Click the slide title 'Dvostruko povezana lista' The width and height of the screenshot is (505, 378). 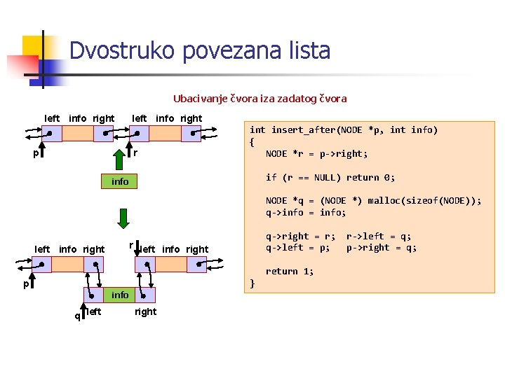tap(200, 51)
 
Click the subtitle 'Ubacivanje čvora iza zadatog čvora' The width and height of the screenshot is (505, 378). tap(260, 99)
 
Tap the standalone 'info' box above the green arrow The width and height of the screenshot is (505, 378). tap(120, 182)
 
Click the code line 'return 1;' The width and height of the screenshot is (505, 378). tap(290, 272)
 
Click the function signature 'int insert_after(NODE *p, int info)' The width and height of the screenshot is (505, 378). tap(344, 129)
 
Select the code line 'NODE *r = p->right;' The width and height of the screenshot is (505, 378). tap(316, 153)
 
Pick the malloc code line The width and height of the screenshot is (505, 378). tap(373, 200)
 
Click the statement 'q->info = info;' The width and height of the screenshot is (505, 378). tap(306, 212)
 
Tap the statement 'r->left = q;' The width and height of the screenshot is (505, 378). tap(379, 236)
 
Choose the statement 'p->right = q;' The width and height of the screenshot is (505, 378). tap(382, 247)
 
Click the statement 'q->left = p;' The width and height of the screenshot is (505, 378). tap(297, 247)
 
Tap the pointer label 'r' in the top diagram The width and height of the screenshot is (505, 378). tap(136, 153)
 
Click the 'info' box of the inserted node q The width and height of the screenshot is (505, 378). tap(120, 295)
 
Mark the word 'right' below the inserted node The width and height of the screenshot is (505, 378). tap(145, 311)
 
